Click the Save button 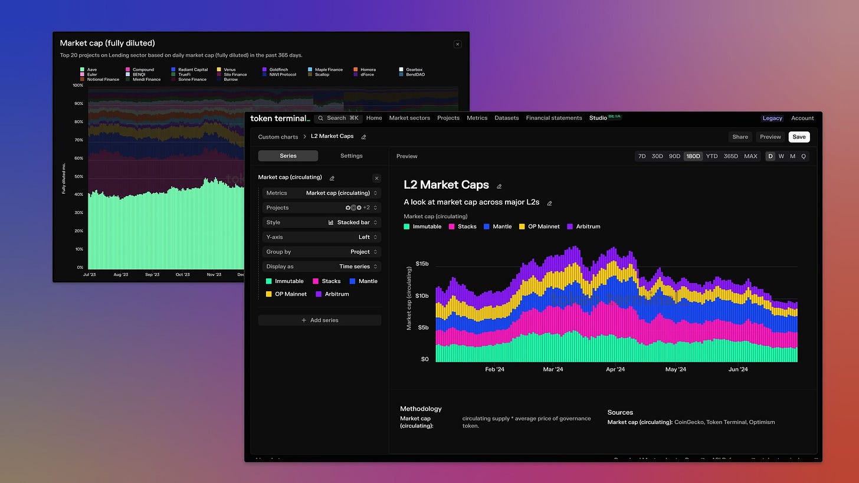pyautogui.click(x=799, y=137)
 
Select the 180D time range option pyautogui.click(x=693, y=156)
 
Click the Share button pyautogui.click(x=740, y=137)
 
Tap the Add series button pyautogui.click(x=320, y=320)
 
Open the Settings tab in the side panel pyautogui.click(x=352, y=156)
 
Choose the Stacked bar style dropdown pyautogui.click(x=352, y=222)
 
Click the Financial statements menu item pyautogui.click(x=554, y=118)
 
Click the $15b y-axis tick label pyautogui.click(x=422, y=264)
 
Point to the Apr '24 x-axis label pyautogui.click(x=615, y=370)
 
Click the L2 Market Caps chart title pyautogui.click(x=446, y=185)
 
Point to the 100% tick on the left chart pyautogui.click(x=78, y=86)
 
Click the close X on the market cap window pyautogui.click(x=457, y=44)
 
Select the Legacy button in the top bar pyautogui.click(x=772, y=118)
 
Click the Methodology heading pyautogui.click(x=421, y=409)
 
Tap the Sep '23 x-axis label pyautogui.click(x=152, y=274)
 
